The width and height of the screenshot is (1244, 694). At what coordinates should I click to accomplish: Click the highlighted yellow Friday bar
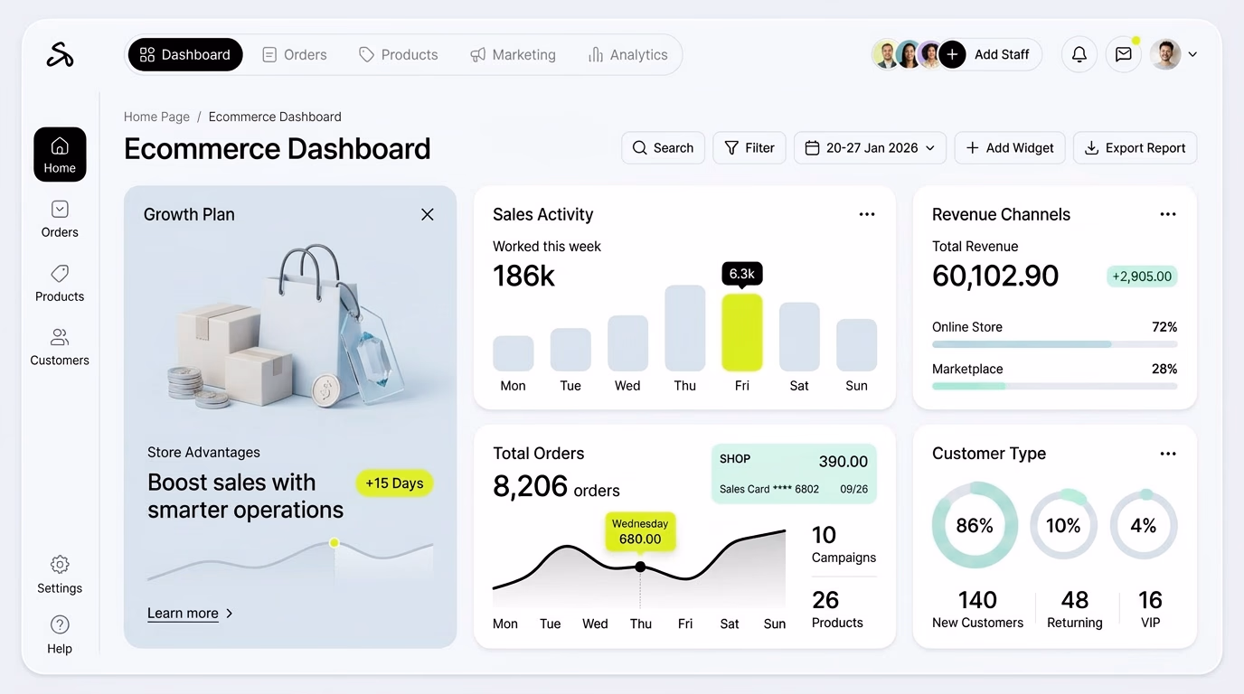tap(742, 332)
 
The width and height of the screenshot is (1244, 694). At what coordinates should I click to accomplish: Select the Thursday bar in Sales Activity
tap(684, 327)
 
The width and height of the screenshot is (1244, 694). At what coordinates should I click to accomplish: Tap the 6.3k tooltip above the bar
tap(742, 274)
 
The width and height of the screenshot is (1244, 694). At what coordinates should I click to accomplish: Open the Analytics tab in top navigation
tap(627, 54)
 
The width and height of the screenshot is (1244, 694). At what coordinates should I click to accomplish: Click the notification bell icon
tap(1079, 54)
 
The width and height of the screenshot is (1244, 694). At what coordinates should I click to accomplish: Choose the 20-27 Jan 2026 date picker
tap(870, 147)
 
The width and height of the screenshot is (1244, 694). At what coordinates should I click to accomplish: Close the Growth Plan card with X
tap(427, 214)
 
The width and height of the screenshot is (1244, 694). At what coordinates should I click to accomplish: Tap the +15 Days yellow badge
tap(394, 483)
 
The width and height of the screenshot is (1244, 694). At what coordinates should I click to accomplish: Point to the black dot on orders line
tap(640, 567)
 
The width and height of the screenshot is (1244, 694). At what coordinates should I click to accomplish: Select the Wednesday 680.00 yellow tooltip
tap(640, 531)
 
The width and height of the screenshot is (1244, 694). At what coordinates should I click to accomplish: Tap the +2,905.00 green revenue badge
tap(1142, 276)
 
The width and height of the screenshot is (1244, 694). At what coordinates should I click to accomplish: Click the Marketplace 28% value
tap(1164, 369)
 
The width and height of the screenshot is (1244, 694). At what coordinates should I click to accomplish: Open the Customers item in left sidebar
tap(60, 347)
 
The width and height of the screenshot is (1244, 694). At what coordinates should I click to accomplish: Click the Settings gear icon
tap(60, 564)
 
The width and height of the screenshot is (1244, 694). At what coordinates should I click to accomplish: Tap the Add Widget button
tap(1010, 147)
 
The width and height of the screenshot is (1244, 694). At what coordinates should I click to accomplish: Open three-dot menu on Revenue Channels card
tap(1168, 214)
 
